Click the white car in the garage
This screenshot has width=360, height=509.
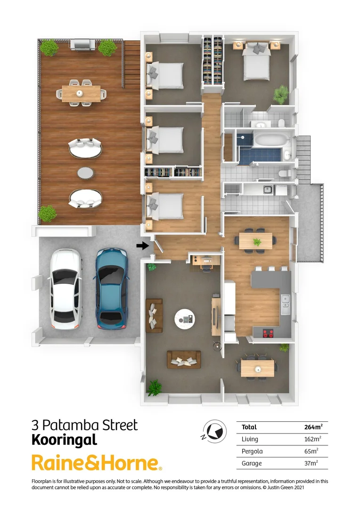click(x=66, y=288)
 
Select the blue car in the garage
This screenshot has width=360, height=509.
click(x=112, y=288)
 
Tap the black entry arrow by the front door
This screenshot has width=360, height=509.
click(x=141, y=245)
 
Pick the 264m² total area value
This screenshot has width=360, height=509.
click(x=313, y=427)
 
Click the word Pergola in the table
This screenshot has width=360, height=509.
click(x=253, y=452)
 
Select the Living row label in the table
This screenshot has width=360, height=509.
click(x=250, y=439)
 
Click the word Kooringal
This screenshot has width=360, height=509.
click(x=64, y=440)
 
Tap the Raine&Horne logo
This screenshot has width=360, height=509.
click(x=97, y=463)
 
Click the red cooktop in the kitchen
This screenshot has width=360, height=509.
click(x=269, y=333)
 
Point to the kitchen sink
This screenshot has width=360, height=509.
click(x=285, y=302)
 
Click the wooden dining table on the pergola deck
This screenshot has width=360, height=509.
click(x=81, y=93)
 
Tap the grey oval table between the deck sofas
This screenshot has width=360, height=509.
click(x=85, y=173)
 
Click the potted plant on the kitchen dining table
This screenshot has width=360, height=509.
click(x=257, y=242)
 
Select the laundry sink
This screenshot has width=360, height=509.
click(x=267, y=190)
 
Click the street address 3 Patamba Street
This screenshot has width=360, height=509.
click(x=85, y=425)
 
